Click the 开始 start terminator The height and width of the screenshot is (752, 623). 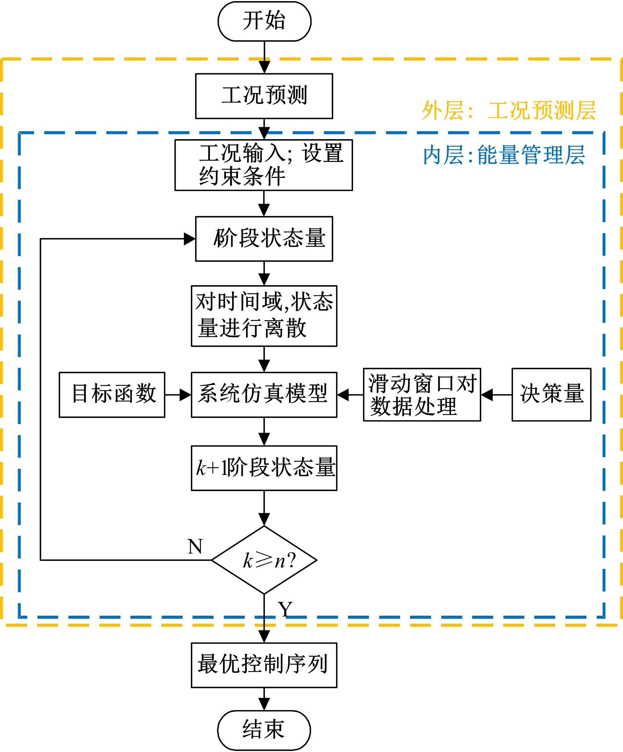click(264, 21)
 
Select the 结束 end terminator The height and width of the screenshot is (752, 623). click(264, 730)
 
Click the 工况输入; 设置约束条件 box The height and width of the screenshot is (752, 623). click(264, 165)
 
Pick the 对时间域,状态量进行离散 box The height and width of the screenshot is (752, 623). click(264, 316)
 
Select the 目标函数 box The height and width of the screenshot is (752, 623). click(112, 395)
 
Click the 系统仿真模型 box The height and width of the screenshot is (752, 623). click(264, 395)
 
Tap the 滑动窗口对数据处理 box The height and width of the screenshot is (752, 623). click(422, 395)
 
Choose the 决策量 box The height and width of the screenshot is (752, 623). click(551, 395)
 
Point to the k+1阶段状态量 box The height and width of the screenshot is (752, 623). click(264, 468)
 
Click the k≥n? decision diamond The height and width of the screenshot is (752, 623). click(264, 560)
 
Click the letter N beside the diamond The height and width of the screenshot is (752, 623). click(195, 546)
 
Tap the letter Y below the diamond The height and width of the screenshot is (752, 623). click(285, 609)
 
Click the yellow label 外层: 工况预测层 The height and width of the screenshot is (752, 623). click(509, 110)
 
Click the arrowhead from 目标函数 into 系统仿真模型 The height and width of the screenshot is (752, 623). click(185, 395)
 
